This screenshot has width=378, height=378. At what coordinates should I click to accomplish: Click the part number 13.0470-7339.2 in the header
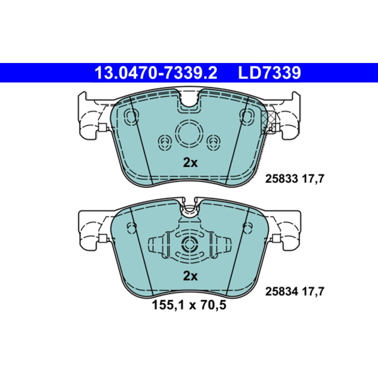pyautogui.click(x=156, y=73)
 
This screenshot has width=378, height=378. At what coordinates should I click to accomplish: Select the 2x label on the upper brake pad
pyautogui.click(x=190, y=163)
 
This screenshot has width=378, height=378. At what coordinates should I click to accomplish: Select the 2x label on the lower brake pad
pyautogui.click(x=190, y=276)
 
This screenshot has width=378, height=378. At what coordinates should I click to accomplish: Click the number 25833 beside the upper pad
pyautogui.click(x=282, y=179)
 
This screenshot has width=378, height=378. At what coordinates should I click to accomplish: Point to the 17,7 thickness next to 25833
pyautogui.click(x=313, y=179)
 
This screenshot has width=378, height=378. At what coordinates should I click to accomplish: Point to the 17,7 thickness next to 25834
pyautogui.click(x=313, y=292)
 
